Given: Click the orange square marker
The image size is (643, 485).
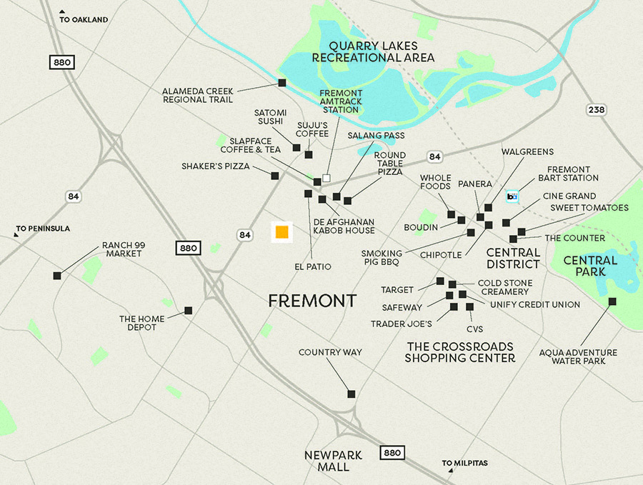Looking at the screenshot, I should (281, 232).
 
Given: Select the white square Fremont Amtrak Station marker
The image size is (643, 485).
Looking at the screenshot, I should (327, 177).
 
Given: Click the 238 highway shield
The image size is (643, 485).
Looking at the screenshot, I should (597, 109).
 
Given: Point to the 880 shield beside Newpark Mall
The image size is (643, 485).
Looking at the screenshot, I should (392, 453).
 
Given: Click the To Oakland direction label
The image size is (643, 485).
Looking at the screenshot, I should (84, 20).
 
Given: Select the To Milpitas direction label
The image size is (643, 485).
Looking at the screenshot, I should (464, 463).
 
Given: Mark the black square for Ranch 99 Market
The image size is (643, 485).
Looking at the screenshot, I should (57, 275).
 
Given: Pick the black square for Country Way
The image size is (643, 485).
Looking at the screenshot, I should (351, 394).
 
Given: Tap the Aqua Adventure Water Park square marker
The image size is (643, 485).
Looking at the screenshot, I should (612, 301).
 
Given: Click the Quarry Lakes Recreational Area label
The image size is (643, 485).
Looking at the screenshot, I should (373, 51).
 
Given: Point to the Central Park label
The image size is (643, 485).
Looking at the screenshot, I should (589, 266).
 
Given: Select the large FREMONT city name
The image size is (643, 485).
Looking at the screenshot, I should (312, 301).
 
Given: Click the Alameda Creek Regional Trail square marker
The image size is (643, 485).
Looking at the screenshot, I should (281, 83).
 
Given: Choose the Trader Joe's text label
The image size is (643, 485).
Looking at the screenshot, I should (401, 324).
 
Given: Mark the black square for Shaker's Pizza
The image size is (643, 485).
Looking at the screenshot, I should (274, 176).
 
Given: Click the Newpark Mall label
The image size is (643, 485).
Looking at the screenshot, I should (334, 461).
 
